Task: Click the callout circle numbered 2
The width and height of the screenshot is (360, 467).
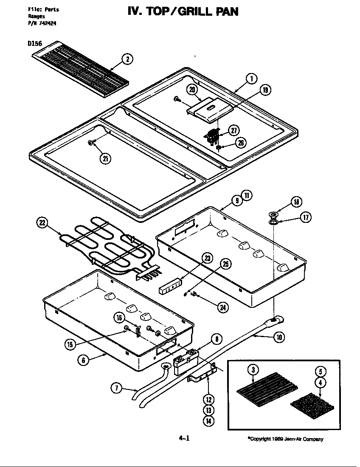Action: point(127,59)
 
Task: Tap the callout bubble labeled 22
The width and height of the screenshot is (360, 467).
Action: point(43,223)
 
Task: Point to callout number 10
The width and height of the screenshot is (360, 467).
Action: point(278,337)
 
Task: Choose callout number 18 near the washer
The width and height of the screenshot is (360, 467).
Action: point(296,202)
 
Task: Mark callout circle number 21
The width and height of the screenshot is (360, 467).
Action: point(105,159)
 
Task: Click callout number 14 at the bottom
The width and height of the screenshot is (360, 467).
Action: point(208,421)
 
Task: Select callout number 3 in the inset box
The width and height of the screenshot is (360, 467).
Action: point(253,370)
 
